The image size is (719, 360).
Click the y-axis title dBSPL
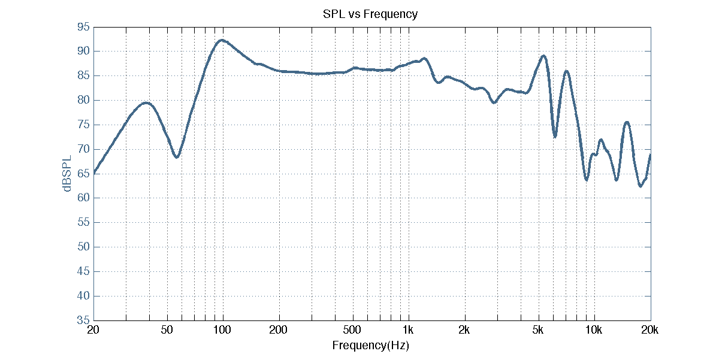pos(68,174)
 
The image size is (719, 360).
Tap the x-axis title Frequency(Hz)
pos(370,346)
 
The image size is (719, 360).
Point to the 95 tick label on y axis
pos(83,27)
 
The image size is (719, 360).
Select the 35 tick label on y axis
pos(83,320)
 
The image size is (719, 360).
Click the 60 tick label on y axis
pos(83,198)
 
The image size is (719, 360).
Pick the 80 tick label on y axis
pos(83,101)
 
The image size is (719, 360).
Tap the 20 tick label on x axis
pos(93,330)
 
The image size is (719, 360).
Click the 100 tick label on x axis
pos(222,330)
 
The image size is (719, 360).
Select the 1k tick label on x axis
pos(409,330)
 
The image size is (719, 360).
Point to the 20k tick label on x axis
pos(650,330)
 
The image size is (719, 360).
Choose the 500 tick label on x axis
pos(352,330)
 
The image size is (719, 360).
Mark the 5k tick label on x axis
pos(538,330)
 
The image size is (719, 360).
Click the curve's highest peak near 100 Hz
pos(222,40)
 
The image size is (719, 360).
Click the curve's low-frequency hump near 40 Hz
pos(146,103)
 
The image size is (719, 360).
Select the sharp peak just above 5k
pos(543,56)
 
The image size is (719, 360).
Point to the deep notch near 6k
pos(555,137)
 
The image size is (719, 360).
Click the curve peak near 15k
pos(627,122)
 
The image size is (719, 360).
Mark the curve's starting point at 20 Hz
pos(93,173)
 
